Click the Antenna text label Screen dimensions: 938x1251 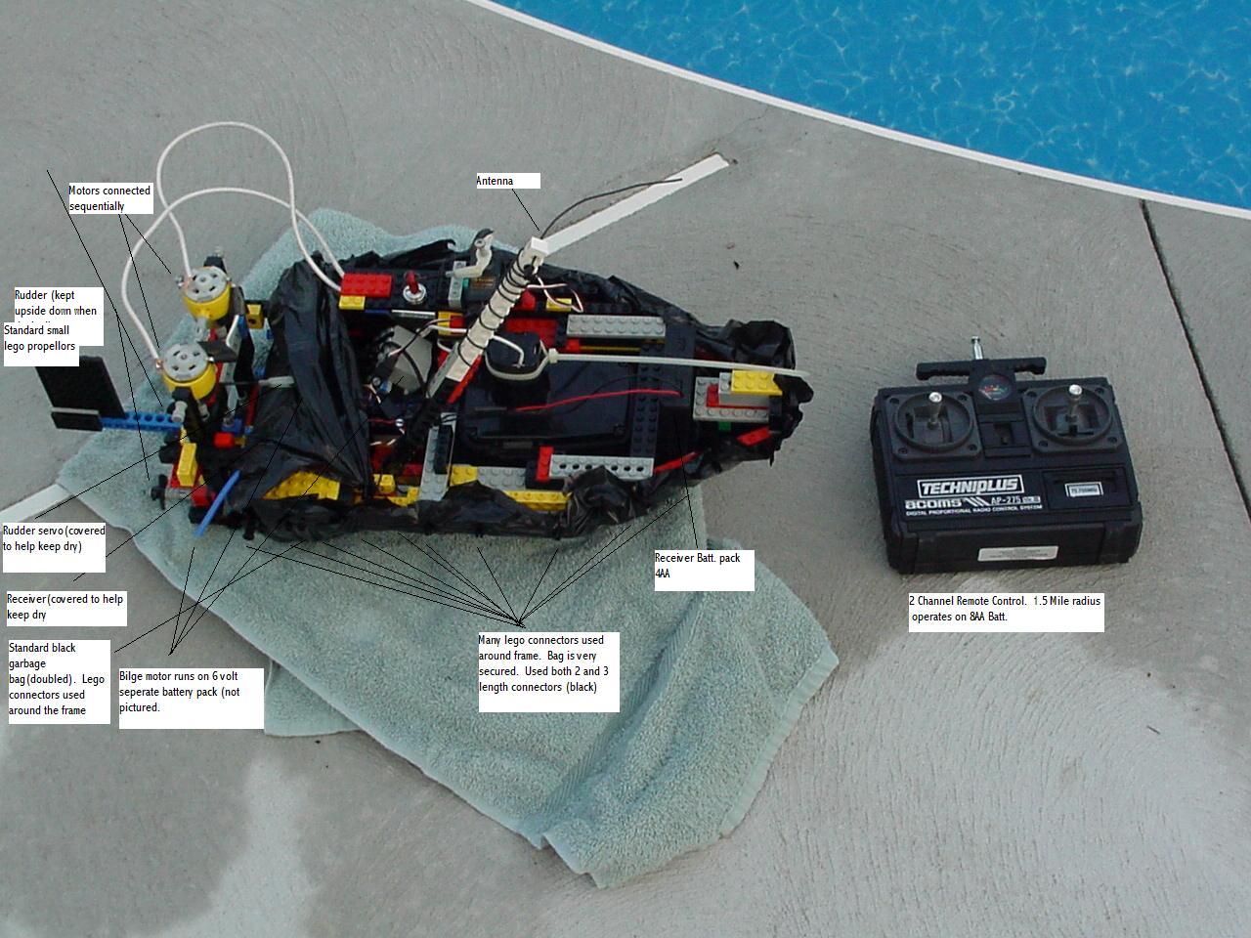point(507,181)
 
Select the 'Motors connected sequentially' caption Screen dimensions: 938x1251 point(109,198)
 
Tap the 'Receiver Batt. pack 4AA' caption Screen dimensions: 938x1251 point(703,569)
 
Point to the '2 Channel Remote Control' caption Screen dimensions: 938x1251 point(1005,609)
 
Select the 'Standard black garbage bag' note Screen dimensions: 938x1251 point(59,679)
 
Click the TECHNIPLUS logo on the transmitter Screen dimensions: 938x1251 point(969,487)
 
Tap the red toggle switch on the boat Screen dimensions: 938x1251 point(414,289)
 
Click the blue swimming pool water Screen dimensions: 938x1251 point(977,68)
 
